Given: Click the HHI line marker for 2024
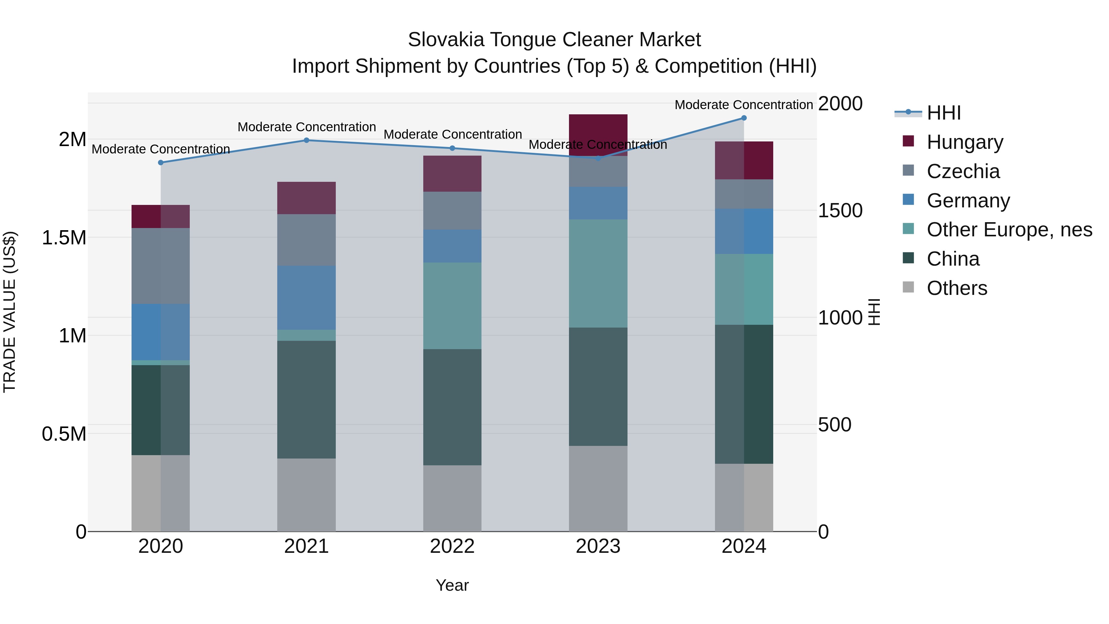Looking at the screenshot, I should [x=744, y=118].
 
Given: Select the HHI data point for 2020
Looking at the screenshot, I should [x=160, y=163].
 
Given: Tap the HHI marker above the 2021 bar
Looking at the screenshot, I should [x=307, y=141].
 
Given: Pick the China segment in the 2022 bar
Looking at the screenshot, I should [x=452, y=407].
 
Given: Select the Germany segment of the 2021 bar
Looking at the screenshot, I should [x=307, y=298].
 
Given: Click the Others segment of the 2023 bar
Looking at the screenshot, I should [x=598, y=488].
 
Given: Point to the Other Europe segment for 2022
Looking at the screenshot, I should [x=452, y=306].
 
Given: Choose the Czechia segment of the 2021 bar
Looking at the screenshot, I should [x=307, y=240].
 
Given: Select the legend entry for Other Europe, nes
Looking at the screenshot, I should [x=1009, y=230].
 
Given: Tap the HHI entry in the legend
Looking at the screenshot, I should [x=943, y=113].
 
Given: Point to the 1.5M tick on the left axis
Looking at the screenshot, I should [x=64, y=238].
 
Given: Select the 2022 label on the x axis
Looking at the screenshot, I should [x=452, y=546].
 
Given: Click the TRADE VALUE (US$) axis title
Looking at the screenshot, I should [x=10, y=312].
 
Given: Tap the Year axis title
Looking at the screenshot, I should [x=452, y=585].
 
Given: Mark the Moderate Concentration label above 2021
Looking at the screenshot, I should [x=307, y=127].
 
